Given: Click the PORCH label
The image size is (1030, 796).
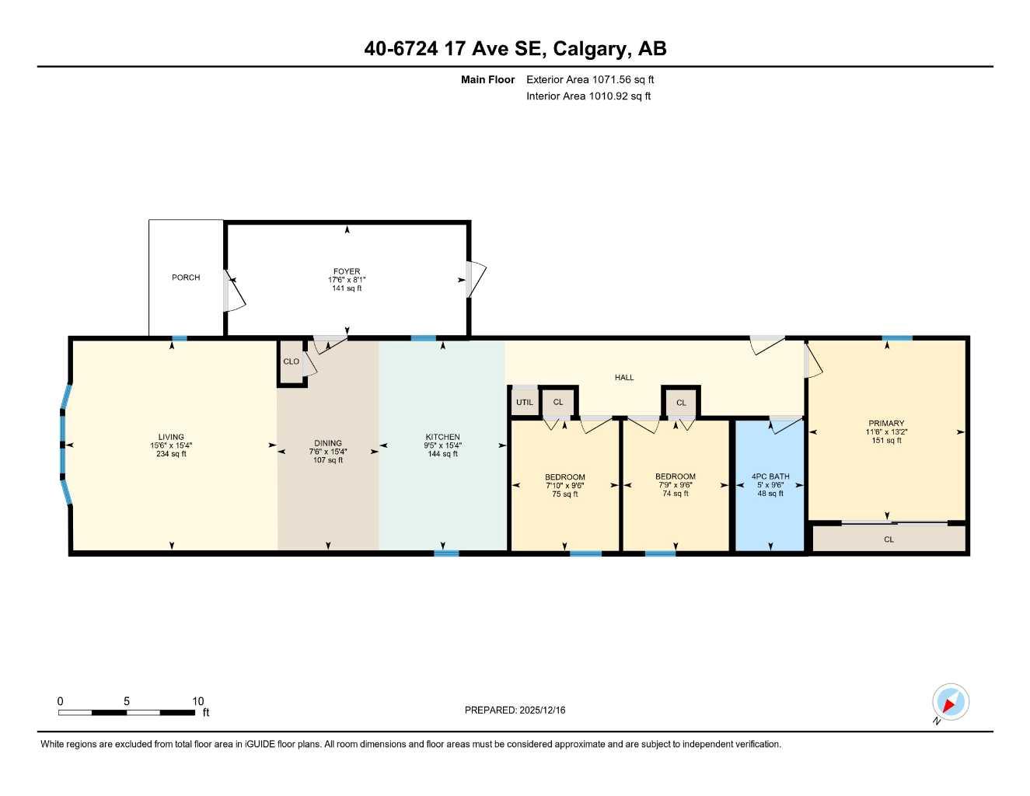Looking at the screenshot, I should tap(186, 278).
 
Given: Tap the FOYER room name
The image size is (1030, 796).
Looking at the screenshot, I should tap(347, 272).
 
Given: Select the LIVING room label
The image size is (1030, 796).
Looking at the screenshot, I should tap(171, 438).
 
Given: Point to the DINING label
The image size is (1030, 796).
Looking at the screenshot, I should tap(328, 444).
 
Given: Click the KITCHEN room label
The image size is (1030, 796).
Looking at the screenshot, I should tap(442, 438).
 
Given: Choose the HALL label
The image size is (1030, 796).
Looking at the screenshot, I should tap(624, 378).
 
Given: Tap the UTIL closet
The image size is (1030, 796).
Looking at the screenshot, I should tap(525, 403).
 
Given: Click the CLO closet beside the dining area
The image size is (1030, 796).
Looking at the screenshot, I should tap(292, 362).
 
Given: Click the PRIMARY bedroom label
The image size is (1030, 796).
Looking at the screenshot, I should tap(886, 424).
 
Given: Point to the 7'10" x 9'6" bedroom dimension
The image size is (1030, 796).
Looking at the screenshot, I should tap(564, 486).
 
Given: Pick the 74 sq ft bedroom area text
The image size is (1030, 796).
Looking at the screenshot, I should tap(676, 494).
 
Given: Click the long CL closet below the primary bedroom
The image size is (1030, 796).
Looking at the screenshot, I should tap(889, 539).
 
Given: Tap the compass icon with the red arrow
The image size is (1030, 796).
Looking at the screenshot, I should tap(950, 703).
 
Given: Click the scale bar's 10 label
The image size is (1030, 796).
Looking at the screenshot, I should tap(198, 701).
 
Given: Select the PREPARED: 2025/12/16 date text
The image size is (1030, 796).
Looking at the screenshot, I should tap(515, 710).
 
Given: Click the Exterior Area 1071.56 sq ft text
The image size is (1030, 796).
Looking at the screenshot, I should tap(590, 79).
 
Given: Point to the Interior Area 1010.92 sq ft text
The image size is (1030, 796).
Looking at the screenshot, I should tap(588, 96).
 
